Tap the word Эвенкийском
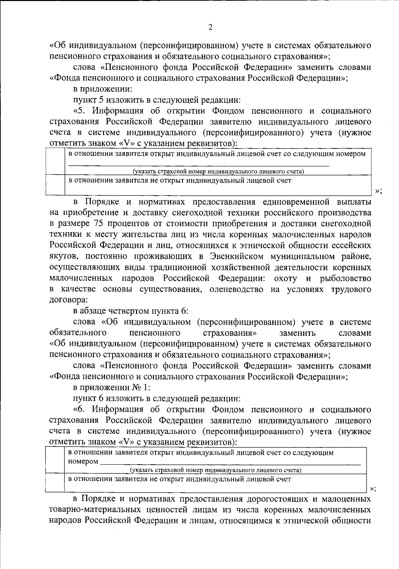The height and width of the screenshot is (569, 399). point(237,256)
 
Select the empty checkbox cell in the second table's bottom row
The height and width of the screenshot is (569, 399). point(55,482)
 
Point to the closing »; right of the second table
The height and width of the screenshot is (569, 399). point(373,488)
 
